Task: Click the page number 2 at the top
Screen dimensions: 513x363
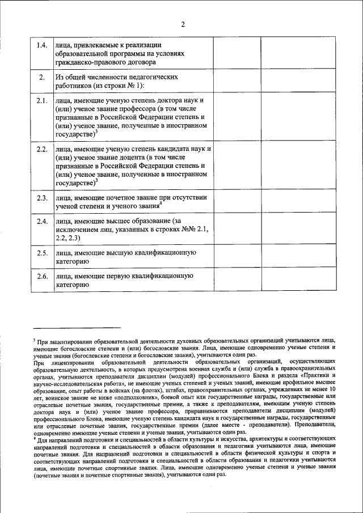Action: [x=183, y=24]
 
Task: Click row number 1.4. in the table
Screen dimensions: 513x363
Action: [x=41, y=46]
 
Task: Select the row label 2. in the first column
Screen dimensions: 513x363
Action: [x=41, y=77]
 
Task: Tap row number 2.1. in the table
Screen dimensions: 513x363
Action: [x=41, y=101]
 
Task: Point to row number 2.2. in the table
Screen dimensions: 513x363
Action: [x=41, y=149]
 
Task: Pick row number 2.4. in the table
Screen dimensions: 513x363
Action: [x=41, y=221]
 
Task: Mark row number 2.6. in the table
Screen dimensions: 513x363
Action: [x=41, y=276]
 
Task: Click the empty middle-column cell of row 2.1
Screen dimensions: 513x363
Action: [x=237, y=117]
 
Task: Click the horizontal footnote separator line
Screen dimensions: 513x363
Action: [x=77, y=327]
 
